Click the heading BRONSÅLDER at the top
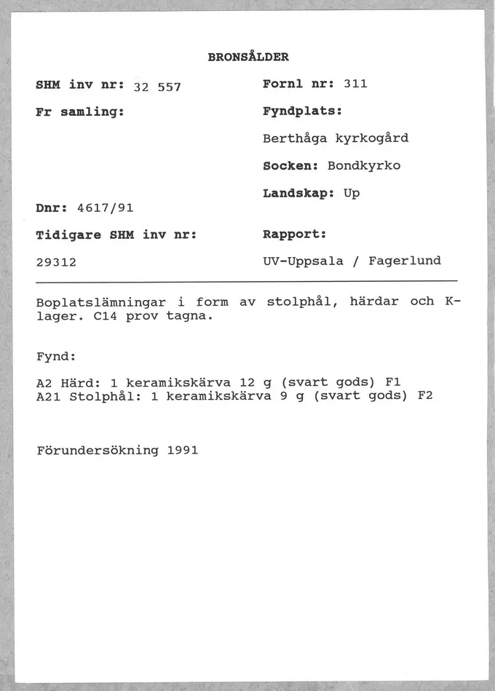248,56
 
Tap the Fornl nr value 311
355,84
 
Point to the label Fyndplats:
302,112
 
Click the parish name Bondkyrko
364,165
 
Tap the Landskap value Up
352,194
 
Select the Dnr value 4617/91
106,208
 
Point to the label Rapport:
294,235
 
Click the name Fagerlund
405,261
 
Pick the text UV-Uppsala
303,261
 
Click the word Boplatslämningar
101,301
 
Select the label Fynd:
56,357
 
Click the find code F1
394,382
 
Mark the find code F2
426,396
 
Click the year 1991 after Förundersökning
182,450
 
